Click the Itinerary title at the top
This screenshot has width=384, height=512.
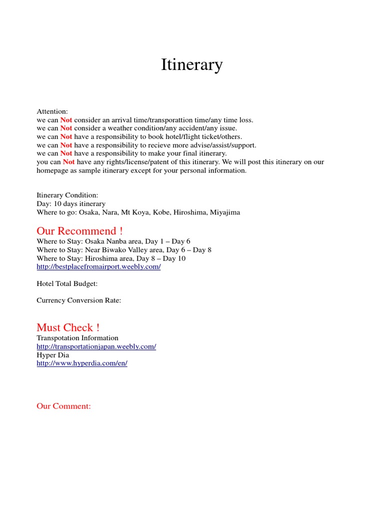[x=191, y=65]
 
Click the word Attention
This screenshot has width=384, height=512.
[x=52, y=111]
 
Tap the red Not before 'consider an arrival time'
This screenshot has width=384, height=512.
[x=66, y=120]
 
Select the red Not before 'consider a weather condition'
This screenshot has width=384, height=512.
[x=66, y=128]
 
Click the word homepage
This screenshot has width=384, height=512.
[x=52, y=170]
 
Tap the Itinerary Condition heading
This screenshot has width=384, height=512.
[x=67, y=195]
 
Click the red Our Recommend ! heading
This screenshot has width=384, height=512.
[x=79, y=231]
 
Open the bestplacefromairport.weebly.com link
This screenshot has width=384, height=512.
[x=98, y=266]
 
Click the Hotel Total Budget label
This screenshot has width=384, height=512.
[x=67, y=283]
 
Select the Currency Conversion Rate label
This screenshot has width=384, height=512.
[x=79, y=300]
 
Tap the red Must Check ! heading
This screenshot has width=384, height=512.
[x=68, y=327]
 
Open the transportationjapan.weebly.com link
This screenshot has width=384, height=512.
[x=96, y=346]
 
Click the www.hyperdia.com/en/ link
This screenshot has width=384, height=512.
[x=82, y=363]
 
